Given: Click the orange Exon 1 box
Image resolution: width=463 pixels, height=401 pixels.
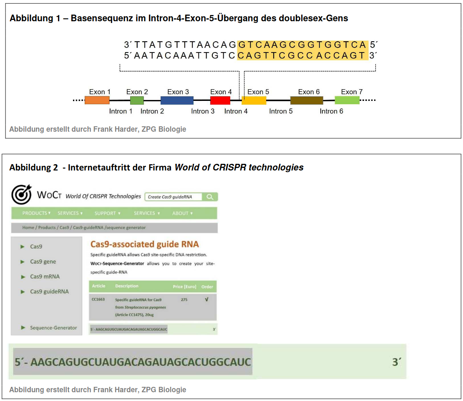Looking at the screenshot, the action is (x=97, y=100).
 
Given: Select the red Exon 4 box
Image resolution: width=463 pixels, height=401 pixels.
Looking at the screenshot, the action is (x=220, y=100).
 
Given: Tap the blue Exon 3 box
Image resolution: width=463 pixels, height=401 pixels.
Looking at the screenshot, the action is (x=177, y=100).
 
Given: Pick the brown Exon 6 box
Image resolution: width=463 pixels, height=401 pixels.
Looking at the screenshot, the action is (x=307, y=100).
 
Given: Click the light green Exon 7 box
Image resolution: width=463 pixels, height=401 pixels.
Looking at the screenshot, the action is (x=347, y=100).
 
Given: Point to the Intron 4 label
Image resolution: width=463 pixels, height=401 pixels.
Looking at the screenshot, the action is (x=236, y=111).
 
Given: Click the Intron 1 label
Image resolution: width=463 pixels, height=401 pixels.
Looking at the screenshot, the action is (x=121, y=111).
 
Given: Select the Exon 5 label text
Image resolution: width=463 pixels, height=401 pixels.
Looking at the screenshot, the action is (x=258, y=92).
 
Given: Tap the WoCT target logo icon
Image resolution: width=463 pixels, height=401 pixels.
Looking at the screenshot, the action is (x=21, y=194).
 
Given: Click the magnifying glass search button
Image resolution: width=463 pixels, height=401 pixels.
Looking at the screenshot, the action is (x=210, y=197).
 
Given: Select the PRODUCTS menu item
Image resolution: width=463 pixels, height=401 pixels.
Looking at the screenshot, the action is (x=36, y=213).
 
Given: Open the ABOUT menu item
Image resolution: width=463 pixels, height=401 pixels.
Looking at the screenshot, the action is (x=182, y=213).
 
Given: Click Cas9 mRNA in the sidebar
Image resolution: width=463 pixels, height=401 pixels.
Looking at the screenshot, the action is (x=45, y=276).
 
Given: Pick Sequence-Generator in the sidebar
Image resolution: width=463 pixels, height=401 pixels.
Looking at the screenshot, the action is (x=53, y=328).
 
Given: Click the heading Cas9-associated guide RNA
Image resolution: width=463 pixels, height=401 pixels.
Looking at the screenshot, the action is (x=145, y=244).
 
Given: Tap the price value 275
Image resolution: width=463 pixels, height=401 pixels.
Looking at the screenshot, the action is (x=184, y=299).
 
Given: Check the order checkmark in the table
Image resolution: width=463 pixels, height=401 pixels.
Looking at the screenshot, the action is (x=207, y=299).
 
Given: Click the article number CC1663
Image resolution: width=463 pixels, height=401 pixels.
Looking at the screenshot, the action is (x=98, y=299).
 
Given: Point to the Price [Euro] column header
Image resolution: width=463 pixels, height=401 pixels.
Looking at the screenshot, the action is (x=184, y=286).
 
